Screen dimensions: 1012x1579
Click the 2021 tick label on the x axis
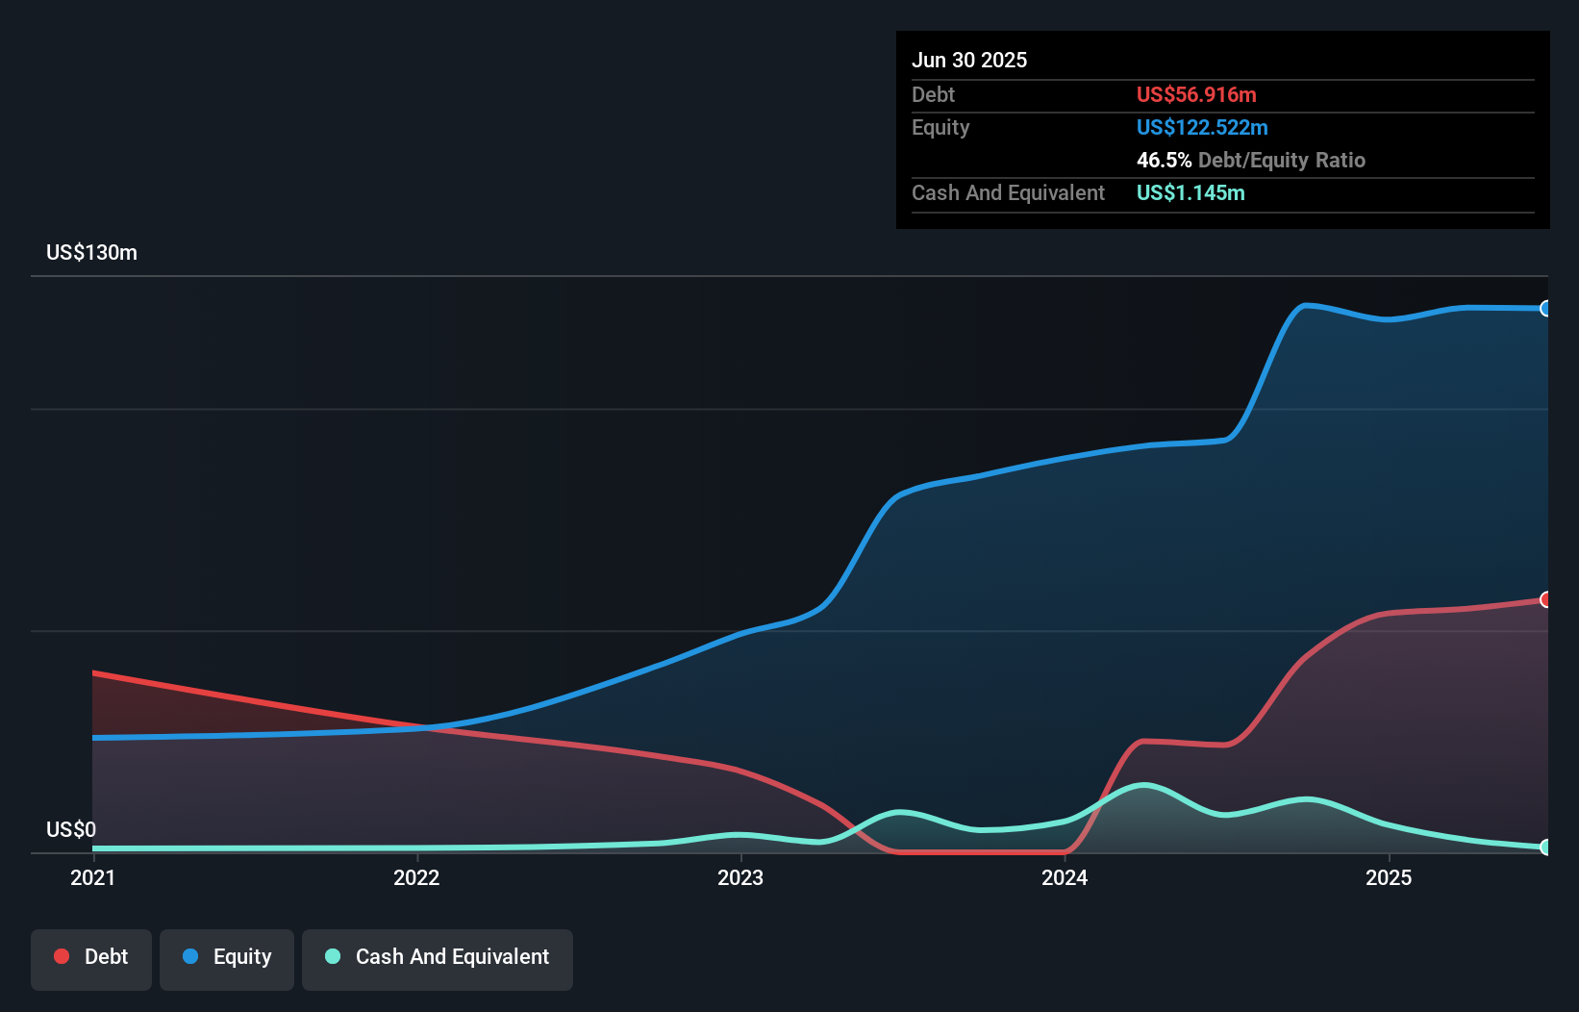click(x=92, y=877)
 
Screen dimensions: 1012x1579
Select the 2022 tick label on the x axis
click(x=416, y=877)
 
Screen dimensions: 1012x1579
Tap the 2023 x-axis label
click(x=740, y=877)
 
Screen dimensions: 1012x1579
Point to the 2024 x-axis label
click(x=1065, y=877)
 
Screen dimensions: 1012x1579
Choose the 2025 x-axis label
click(x=1389, y=877)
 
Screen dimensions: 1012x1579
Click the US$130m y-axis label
click(x=91, y=253)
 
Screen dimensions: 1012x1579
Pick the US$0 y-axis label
click(x=71, y=829)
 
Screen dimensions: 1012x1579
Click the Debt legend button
click(x=91, y=957)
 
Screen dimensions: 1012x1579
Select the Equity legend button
click(x=227, y=957)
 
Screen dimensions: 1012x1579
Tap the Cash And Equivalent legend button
click(x=438, y=957)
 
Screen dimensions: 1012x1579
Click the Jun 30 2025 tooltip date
click(x=969, y=61)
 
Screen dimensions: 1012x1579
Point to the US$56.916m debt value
click(x=1196, y=95)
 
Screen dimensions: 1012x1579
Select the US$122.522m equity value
click(x=1202, y=128)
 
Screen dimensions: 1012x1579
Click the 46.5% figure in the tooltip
click(x=1164, y=161)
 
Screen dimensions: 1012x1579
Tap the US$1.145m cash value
click(x=1191, y=193)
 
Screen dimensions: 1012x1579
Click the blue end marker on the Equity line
click(x=1545, y=309)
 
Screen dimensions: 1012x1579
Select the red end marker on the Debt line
click(x=1545, y=599)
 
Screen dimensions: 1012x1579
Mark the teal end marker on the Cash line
click(x=1545, y=847)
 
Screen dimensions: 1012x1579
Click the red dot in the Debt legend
click(x=62, y=956)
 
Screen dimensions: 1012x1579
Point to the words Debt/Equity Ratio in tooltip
click(x=1282, y=161)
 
